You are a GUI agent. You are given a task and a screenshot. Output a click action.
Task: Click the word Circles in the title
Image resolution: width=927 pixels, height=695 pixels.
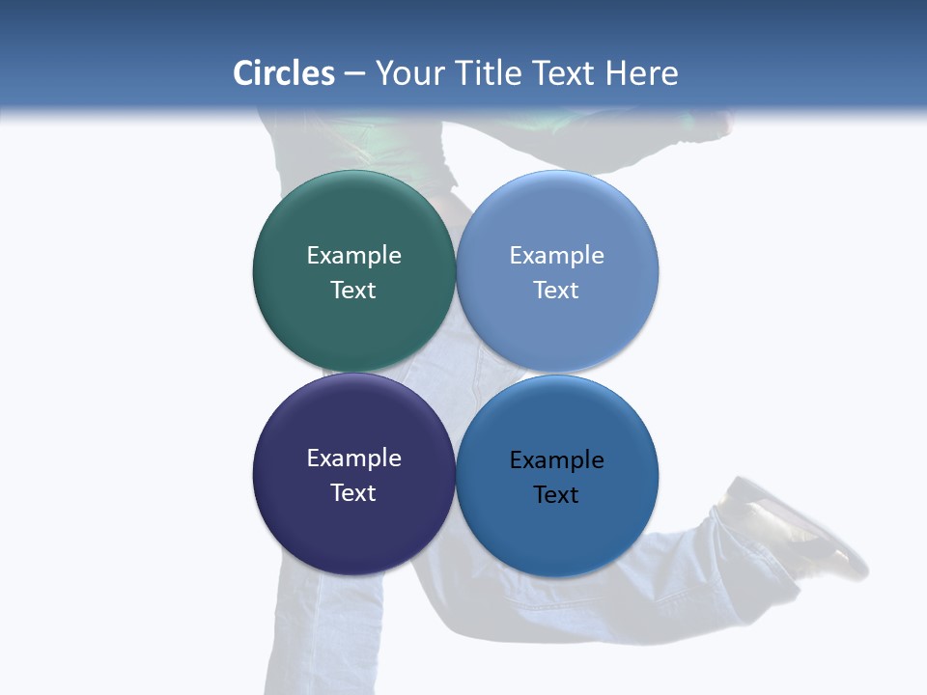pos(283,73)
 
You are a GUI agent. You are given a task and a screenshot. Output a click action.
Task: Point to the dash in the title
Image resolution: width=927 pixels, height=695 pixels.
pos(354,74)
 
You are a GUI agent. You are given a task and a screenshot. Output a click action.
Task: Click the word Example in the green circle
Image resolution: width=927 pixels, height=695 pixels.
pos(353,255)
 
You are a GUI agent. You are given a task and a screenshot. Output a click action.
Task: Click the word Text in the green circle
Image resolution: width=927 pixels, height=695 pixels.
pos(353,290)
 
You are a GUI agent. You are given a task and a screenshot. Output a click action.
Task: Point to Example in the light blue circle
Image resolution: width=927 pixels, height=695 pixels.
pos(557,255)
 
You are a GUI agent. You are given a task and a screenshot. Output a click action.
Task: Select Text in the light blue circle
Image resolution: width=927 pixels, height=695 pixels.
pos(557,290)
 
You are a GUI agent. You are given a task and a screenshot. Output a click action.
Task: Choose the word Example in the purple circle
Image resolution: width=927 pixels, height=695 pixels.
pos(353,458)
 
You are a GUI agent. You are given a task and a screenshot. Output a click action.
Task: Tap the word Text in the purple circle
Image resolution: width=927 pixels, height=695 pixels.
pos(353,492)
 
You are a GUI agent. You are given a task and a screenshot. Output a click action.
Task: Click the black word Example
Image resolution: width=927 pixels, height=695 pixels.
pos(557,460)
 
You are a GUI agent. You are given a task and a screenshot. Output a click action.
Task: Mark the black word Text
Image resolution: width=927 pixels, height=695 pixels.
pos(557,495)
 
